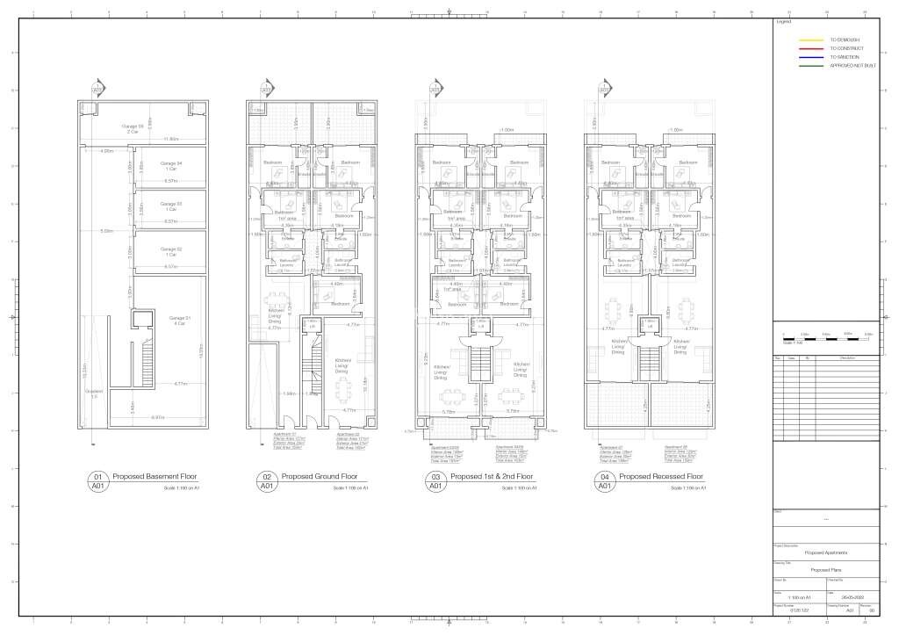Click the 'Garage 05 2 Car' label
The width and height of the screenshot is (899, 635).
pos(133,128)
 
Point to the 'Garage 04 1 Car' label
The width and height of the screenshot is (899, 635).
pos(171,166)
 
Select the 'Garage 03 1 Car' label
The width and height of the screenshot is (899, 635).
pos(171,207)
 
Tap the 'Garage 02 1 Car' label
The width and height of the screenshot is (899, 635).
pos(171,252)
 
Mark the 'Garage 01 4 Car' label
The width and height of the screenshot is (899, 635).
pos(179,320)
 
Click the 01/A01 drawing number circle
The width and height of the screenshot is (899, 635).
pos(97,480)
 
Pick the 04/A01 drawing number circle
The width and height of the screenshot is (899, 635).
pos(603,480)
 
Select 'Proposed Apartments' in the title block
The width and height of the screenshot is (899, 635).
pos(825,553)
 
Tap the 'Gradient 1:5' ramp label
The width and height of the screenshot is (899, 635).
pos(94,393)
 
